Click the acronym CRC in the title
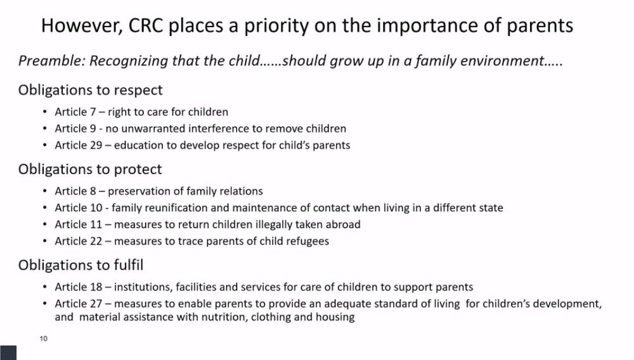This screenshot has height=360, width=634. (x=146, y=25)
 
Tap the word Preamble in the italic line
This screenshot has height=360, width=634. (x=52, y=61)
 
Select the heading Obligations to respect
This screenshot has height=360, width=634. (x=90, y=90)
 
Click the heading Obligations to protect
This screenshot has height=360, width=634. (x=90, y=169)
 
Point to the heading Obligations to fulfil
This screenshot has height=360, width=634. (x=81, y=265)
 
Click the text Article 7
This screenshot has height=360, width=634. (x=75, y=112)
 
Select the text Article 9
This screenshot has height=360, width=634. (x=75, y=129)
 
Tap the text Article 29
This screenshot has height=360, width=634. (x=79, y=145)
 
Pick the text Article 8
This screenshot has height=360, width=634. (x=75, y=191)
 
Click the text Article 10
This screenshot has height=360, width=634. (x=79, y=208)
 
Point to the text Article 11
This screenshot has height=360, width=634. (x=79, y=224)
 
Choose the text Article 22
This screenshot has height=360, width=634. (x=79, y=241)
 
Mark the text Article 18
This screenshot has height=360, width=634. (x=79, y=287)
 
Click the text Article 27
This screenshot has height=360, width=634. (x=79, y=304)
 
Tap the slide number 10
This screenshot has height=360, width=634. (x=43, y=338)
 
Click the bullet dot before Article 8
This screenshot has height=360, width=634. (x=45, y=191)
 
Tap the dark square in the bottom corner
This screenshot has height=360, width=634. (x=8, y=353)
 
